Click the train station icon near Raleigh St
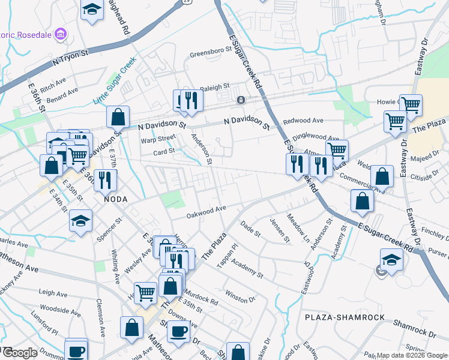pos(241,100)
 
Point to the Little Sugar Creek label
pos(115,80)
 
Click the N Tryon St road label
pos(70,57)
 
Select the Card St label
pos(163,151)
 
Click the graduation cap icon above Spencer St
pos(80,220)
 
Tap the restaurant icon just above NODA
pos(106,178)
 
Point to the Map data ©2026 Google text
pos(412,355)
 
